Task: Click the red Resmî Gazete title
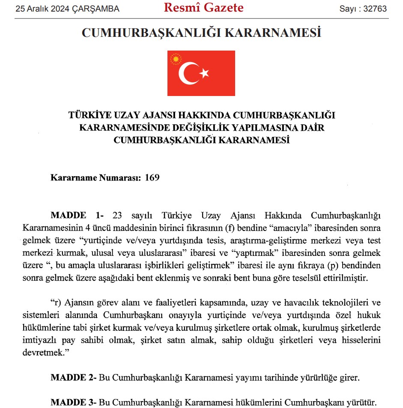click(204, 8)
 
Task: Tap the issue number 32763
click(376, 9)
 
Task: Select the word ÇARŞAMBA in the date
click(97, 9)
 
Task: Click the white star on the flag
click(204, 73)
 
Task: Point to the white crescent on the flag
click(188, 73)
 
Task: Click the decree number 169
click(152, 177)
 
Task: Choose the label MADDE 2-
click(74, 378)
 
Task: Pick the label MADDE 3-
click(74, 402)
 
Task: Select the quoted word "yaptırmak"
click(275, 253)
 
